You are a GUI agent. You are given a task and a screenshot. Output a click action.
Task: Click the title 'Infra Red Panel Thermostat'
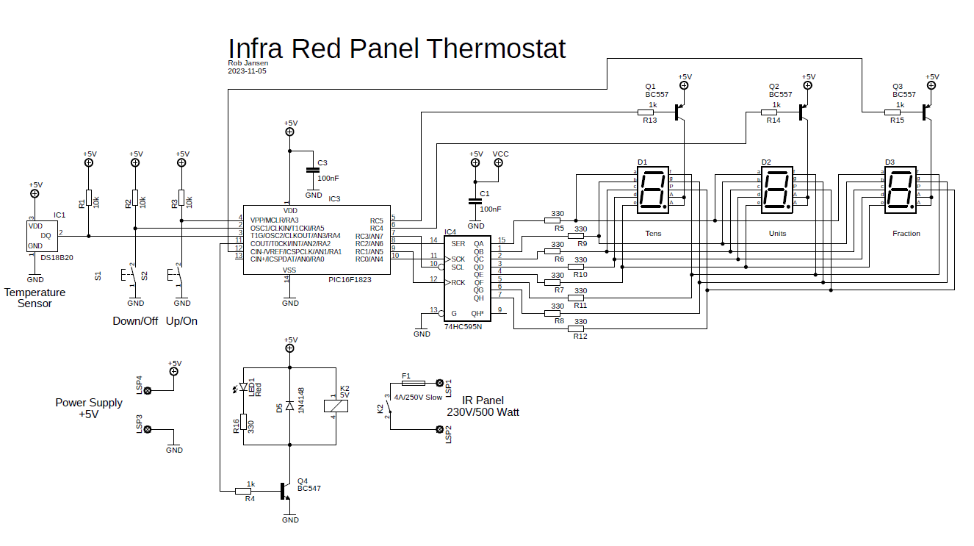[397, 49]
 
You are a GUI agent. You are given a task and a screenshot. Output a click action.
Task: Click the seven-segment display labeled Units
[776, 190]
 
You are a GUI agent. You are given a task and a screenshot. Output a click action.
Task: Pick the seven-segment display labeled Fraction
[901, 190]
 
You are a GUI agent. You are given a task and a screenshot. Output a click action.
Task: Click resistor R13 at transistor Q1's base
[649, 112]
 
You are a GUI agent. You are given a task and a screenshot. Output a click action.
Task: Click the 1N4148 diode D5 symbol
[290, 406]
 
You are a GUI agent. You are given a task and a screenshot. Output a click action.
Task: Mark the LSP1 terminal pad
[440, 383]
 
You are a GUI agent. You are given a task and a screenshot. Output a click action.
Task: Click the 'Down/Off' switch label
[135, 321]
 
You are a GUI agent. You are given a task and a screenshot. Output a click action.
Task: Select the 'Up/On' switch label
[181, 321]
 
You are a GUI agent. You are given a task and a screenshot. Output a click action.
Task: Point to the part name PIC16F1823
[350, 280]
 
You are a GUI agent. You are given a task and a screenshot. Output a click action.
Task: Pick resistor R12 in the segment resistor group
[576, 328]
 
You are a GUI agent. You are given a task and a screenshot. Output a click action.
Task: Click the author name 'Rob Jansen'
[248, 63]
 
